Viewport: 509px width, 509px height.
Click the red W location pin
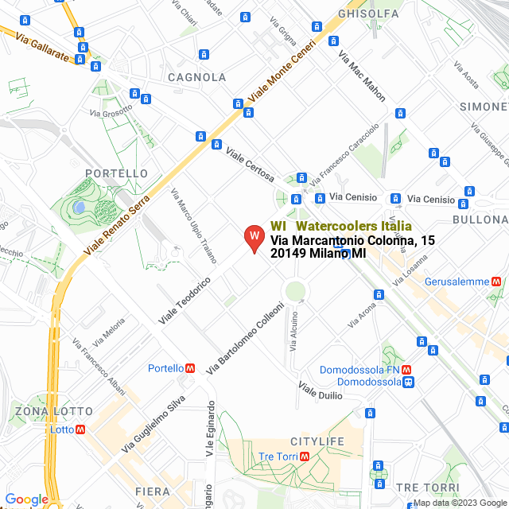tap(254, 238)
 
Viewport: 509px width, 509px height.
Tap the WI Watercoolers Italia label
tap(341, 226)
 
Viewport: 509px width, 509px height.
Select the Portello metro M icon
tap(190, 368)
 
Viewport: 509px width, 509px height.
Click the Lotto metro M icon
tap(80, 429)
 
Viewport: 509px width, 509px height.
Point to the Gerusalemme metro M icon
tap(495, 282)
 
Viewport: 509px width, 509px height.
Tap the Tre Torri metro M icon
tap(305, 457)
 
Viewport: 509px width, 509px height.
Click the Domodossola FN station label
tap(359, 370)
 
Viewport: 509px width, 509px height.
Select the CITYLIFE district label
tap(317, 441)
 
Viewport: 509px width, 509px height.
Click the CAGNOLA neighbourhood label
tap(196, 77)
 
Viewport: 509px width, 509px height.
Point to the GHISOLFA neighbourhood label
tap(368, 14)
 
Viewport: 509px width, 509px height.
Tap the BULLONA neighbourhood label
tap(479, 220)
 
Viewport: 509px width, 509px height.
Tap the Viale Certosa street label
tap(250, 165)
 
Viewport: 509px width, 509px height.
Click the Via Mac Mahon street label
tap(362, 76)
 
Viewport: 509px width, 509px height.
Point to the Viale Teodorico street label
tap(184, 301)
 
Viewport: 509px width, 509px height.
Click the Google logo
tap(26, 499)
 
